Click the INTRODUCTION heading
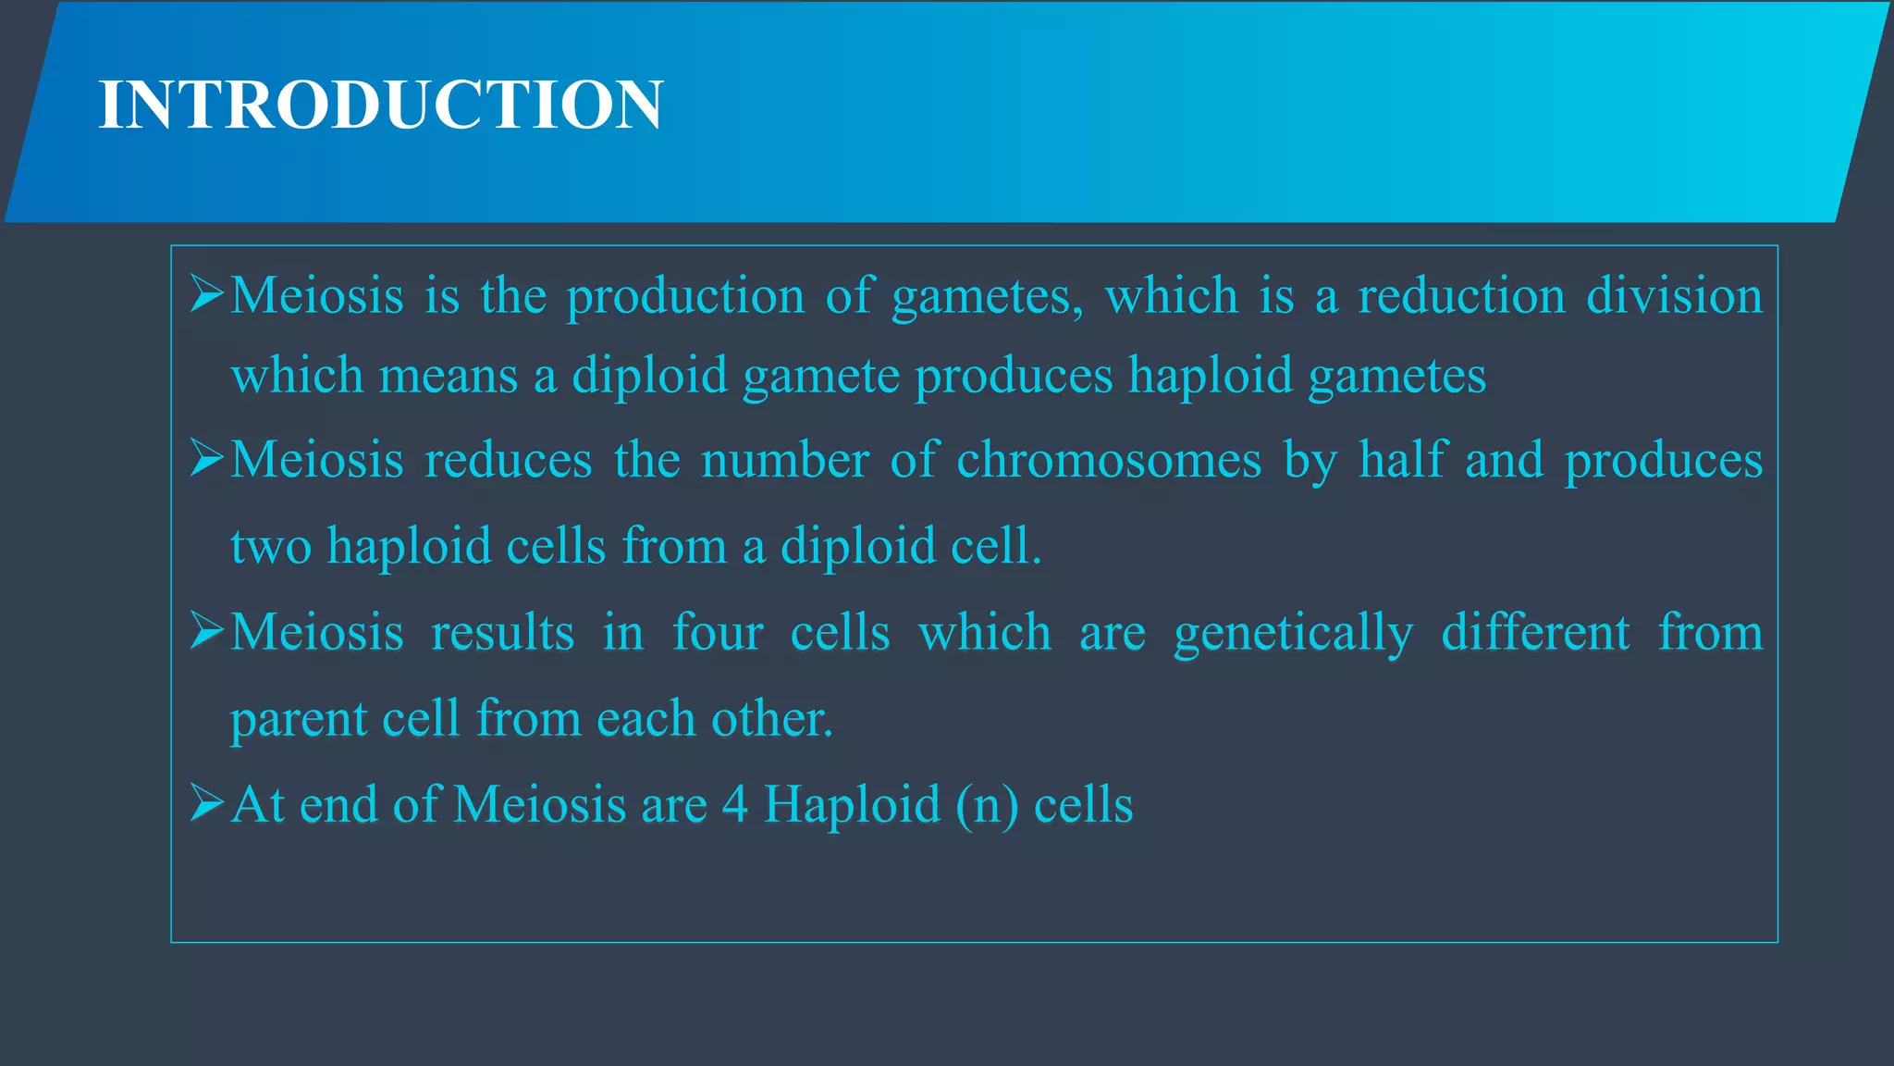[x=380, y=105]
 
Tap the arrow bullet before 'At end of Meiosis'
[x=207, y=802]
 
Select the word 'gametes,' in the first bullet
[x=987, y=297]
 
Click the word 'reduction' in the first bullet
[x=1461, y=296]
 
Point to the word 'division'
[x=1675, y=296]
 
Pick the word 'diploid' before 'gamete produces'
[x=649, y=377]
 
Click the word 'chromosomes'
[x=1108, y=460]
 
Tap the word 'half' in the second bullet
[x=1402, y=460]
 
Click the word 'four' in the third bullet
[x=718, y=633]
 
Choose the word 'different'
[x=1535, y=633]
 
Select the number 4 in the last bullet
[x=735, y=804]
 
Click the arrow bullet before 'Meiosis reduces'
[x=207, y=458]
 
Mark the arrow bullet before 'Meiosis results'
[x=207, y=631]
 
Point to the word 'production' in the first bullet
[x=685, y=297]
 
